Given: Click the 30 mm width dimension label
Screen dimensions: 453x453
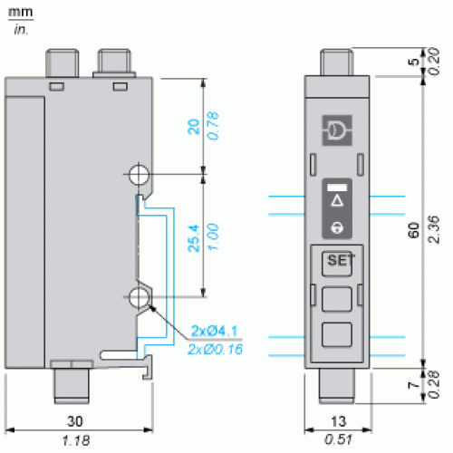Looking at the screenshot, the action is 75,421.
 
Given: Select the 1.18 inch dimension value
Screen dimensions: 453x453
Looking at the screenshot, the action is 76,440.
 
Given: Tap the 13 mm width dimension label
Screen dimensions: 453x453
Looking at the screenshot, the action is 339,421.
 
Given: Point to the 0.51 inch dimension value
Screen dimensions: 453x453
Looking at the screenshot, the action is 338,439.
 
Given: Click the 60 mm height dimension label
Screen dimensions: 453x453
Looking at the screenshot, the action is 414,230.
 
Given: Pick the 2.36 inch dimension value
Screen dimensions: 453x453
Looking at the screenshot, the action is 433,229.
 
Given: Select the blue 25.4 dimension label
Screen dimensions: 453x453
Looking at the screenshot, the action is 194,238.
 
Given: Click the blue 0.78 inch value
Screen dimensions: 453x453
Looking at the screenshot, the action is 213,126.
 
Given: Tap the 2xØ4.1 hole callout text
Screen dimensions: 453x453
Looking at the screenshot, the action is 215,331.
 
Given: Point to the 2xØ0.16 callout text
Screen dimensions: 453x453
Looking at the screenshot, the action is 215,350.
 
